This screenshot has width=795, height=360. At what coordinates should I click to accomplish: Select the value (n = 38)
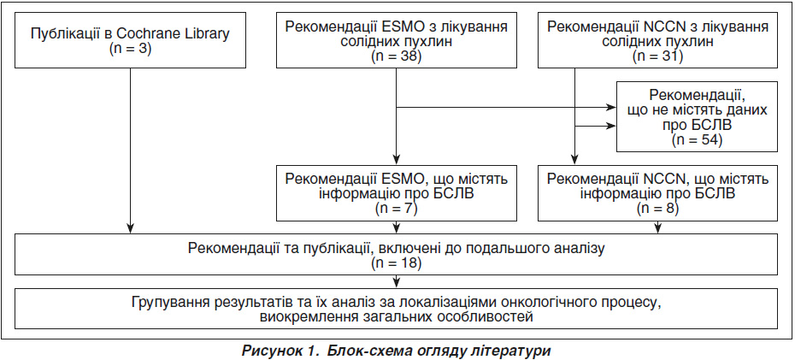[397, 56]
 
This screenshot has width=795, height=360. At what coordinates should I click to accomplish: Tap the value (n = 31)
[657, 56]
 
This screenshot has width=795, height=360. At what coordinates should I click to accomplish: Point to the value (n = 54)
[697, 139]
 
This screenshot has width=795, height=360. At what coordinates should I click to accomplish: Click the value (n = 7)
[396, 208]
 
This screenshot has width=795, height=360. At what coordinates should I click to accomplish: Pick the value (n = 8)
[658, 208]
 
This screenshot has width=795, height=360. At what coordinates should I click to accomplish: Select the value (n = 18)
[397, 263]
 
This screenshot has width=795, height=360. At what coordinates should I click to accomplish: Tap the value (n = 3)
[130, 50]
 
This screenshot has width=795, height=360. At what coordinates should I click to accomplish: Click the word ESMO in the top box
[404, 27]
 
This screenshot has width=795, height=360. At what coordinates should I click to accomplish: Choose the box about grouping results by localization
[397, 309]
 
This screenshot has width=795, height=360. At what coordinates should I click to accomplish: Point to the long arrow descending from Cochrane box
[130, 150]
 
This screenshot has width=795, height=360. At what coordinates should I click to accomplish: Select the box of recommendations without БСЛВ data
[697, 116]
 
